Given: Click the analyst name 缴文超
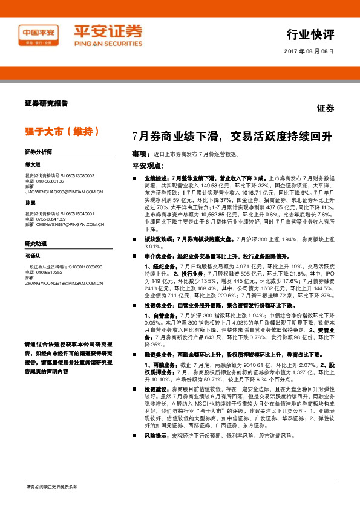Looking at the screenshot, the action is click(31, 164).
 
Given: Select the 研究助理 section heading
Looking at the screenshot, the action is click(35, 243).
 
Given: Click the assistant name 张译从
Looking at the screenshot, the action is click(31, 256).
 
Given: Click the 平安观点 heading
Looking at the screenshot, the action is click(148, 166).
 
